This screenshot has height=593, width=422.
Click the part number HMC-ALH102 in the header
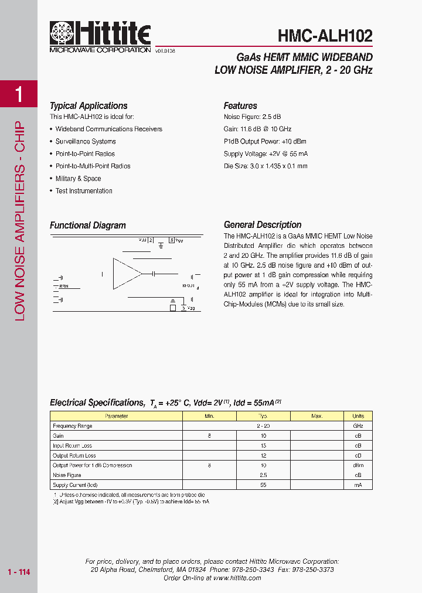tap(325, 36)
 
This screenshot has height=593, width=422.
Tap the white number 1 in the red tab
tap(19, 94)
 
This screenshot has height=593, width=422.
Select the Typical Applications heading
tap(89, 106)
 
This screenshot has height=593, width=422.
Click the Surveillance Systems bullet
tap(86, 141)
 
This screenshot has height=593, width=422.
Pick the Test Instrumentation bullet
tap(84, 191)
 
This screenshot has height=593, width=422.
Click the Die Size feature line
tap(266, 166)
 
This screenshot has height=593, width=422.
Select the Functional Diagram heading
tap(88, 226)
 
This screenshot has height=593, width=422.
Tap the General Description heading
tap(263, 225)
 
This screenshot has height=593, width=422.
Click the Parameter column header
tap(116, 416)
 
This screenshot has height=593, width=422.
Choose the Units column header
tap(358, 416)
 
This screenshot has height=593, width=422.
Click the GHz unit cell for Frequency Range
tap(358, 426)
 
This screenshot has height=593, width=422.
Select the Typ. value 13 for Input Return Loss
tap(264, 446)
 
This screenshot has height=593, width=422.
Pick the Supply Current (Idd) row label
tap(75, 485)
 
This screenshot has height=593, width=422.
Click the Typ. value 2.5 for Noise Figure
tap(264, 475)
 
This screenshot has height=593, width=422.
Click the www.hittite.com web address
tap(237, 578)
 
